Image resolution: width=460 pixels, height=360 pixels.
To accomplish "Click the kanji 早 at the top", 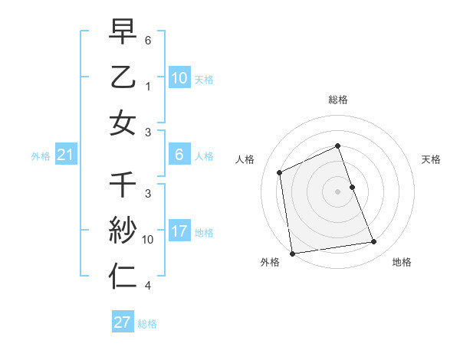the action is pos(123,32).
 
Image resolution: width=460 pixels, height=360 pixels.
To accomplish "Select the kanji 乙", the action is pos(123,77).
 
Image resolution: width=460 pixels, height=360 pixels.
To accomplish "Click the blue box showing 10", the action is pos(179,78).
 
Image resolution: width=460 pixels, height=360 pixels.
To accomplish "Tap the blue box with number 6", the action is pos(179,155).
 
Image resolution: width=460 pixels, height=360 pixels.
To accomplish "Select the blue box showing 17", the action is pos(179,231).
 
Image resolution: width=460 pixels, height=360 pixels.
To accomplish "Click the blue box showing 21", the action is pos(65,155).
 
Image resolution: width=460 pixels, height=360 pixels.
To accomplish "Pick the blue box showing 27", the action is pos(122,322).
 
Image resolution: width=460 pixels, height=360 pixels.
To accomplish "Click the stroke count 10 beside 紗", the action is pos(148,240).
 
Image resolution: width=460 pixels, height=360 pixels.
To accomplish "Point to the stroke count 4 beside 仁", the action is pos(148,286).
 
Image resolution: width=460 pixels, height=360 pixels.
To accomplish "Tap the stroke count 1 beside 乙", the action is pos(148,87).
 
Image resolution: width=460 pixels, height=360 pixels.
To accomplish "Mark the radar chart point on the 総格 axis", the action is pos(337,146).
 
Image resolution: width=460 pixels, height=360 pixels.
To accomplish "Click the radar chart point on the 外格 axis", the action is pos(292,253).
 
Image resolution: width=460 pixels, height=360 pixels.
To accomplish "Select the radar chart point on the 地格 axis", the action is pos(374,242).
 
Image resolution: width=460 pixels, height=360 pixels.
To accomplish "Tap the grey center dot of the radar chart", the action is pos(337,191).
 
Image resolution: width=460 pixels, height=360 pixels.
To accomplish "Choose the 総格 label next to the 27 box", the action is pos(147,324).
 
